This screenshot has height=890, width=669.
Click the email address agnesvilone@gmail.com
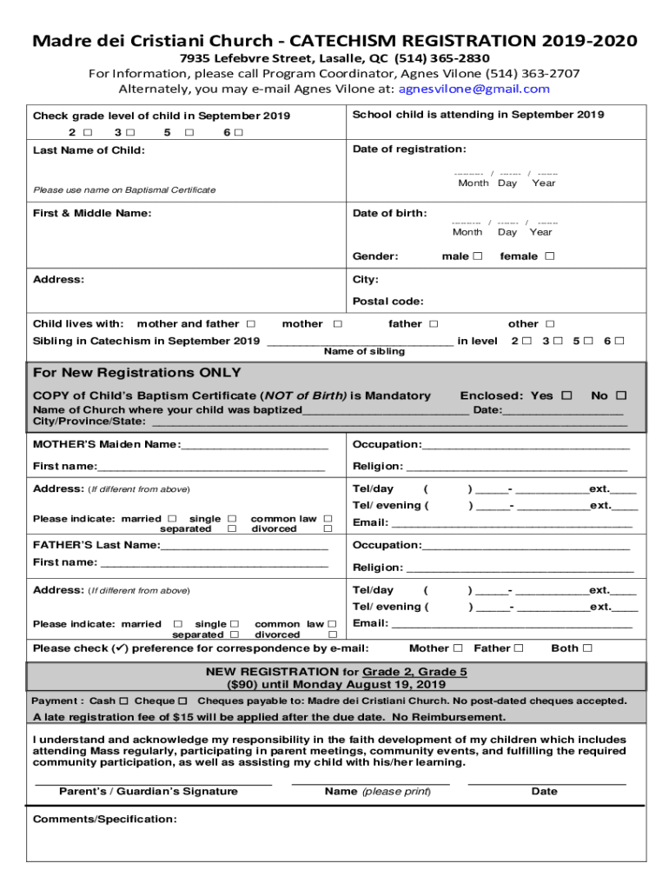474,89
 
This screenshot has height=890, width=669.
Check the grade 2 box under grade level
87,133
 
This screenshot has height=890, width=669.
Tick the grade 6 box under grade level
238,133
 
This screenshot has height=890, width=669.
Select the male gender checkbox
478,256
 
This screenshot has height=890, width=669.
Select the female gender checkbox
548,256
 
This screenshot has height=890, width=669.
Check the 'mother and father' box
251,324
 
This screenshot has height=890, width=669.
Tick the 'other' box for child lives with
550,324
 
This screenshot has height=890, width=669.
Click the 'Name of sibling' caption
364,352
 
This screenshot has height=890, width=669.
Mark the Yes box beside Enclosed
566,395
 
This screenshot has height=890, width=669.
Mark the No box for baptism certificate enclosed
621,395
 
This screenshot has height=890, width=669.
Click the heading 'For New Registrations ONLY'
137,373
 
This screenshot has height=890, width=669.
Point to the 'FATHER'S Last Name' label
96,545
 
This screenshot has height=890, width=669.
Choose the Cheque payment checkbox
182,701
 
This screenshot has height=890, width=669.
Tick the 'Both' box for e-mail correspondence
587,648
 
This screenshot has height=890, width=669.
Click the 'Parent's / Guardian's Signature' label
149,792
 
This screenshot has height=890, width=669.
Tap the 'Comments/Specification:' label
104,820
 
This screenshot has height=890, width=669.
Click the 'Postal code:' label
387,302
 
